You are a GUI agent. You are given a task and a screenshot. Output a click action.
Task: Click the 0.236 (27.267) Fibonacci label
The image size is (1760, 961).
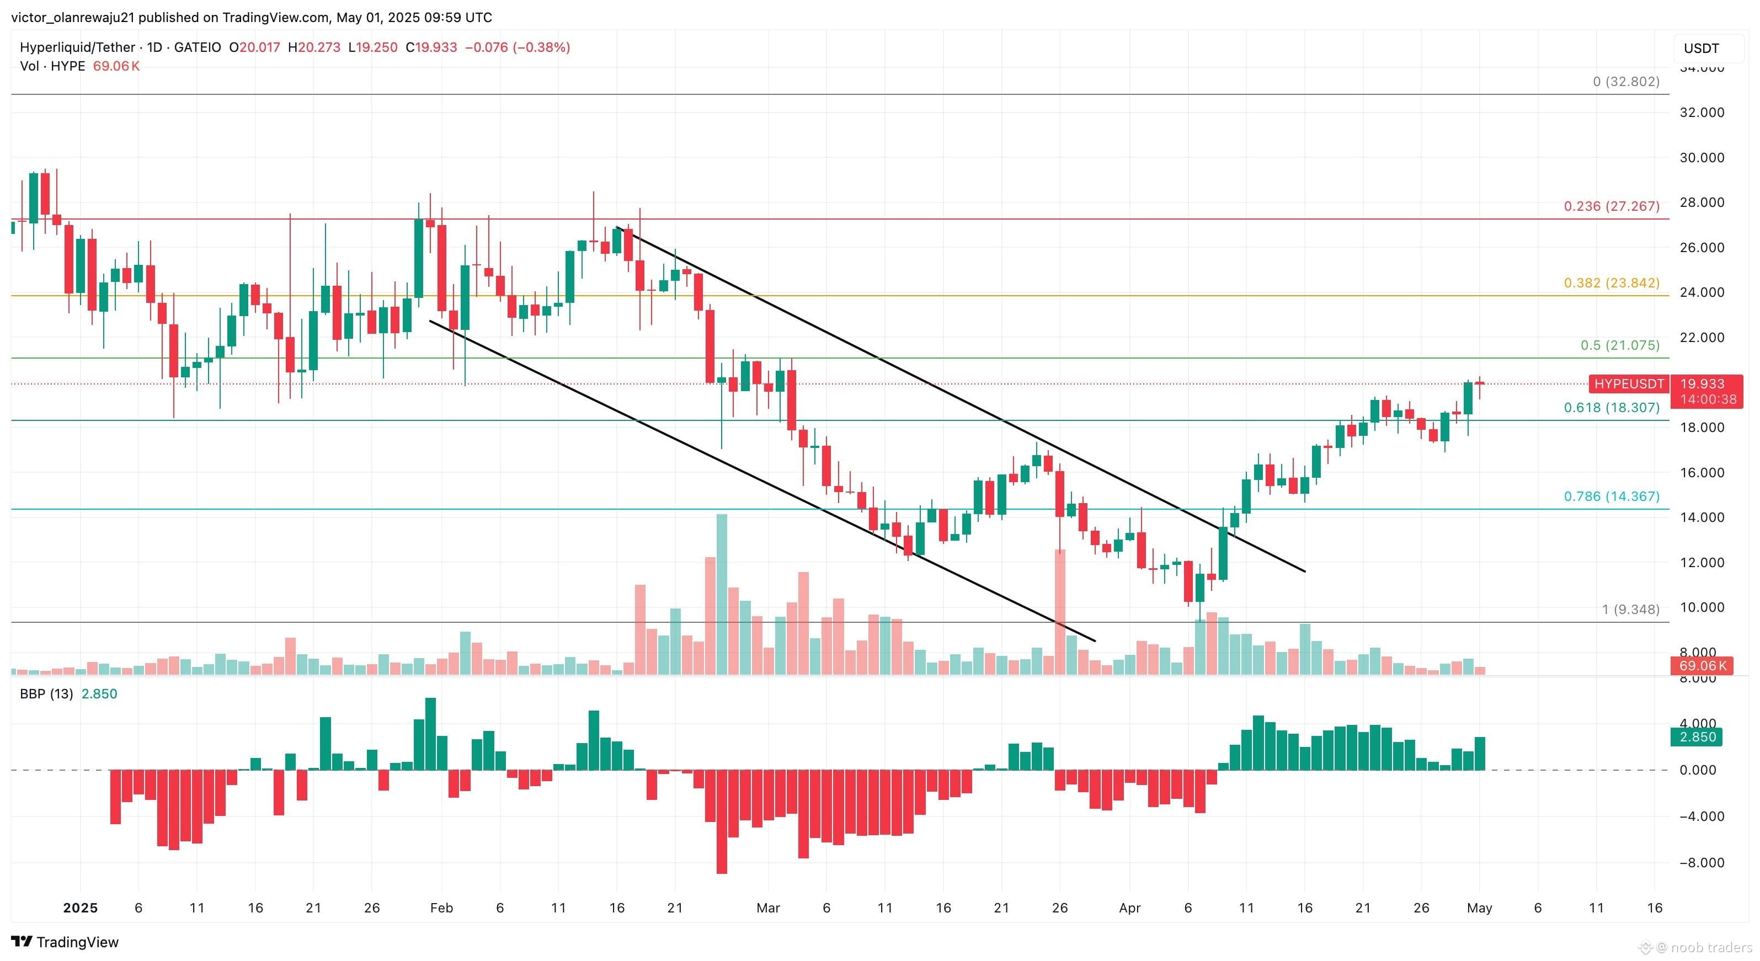(x=1612, y=206)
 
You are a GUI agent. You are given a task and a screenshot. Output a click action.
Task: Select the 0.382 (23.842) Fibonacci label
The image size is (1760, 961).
(x=1612, y=283)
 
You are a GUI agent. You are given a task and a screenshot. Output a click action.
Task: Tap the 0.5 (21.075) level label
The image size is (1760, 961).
(x=1620, y=345)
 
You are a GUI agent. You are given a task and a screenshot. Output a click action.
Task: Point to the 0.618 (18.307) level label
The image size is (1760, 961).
(x=1612, y=408)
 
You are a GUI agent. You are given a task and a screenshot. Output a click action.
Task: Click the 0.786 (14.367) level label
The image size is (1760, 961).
(x=1612, y=496)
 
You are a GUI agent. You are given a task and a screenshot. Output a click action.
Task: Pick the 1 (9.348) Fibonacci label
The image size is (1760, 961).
(x=1630, y=609)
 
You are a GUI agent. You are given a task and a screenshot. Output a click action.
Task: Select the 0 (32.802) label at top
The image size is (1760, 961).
(x=1626, y=81)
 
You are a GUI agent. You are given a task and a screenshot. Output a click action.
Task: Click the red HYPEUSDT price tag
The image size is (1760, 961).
(x=1629, y=384)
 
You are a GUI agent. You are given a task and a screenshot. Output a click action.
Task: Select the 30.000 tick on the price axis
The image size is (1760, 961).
(x=1702, y=158)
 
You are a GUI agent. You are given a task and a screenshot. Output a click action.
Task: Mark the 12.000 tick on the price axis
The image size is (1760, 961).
(x=1702, y=563)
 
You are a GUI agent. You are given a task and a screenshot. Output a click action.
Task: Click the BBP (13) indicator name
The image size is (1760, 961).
(x=46, y=694)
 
